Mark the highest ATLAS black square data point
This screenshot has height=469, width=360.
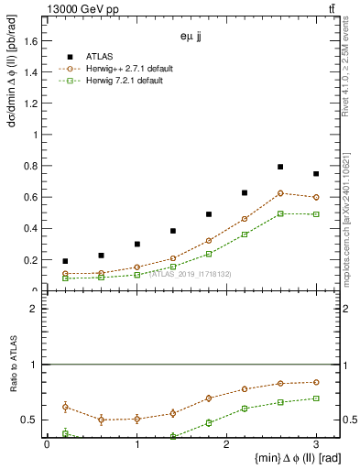[x=280, y=167]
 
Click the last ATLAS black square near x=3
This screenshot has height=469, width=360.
[x=316, y=174]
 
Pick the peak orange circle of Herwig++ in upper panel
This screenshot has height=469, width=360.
[x=280, y=193]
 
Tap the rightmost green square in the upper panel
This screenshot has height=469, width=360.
[x=316, y=214]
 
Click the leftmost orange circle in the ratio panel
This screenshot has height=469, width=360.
[x=65, y=407]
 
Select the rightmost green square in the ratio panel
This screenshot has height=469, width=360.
[x=316, y=398]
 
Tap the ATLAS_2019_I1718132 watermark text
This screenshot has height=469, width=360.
[x=191, y=274]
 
